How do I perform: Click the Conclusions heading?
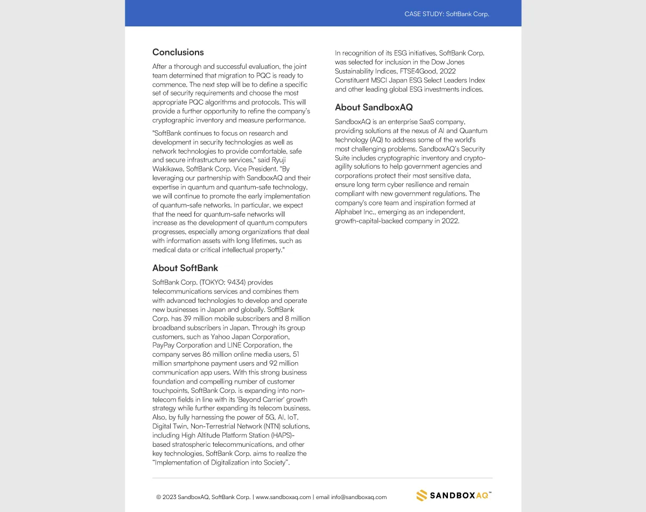tap(178, 52)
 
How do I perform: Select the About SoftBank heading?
tap(185, 268)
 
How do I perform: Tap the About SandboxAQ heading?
tap(374, 107)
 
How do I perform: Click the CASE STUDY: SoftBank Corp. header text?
tap(447, 14)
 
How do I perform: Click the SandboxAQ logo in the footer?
tap(454, 495)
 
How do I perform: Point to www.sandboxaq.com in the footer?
tap(283, 497)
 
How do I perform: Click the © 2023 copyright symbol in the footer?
tap(159, 497)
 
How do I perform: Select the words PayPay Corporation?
tap(182, 345)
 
